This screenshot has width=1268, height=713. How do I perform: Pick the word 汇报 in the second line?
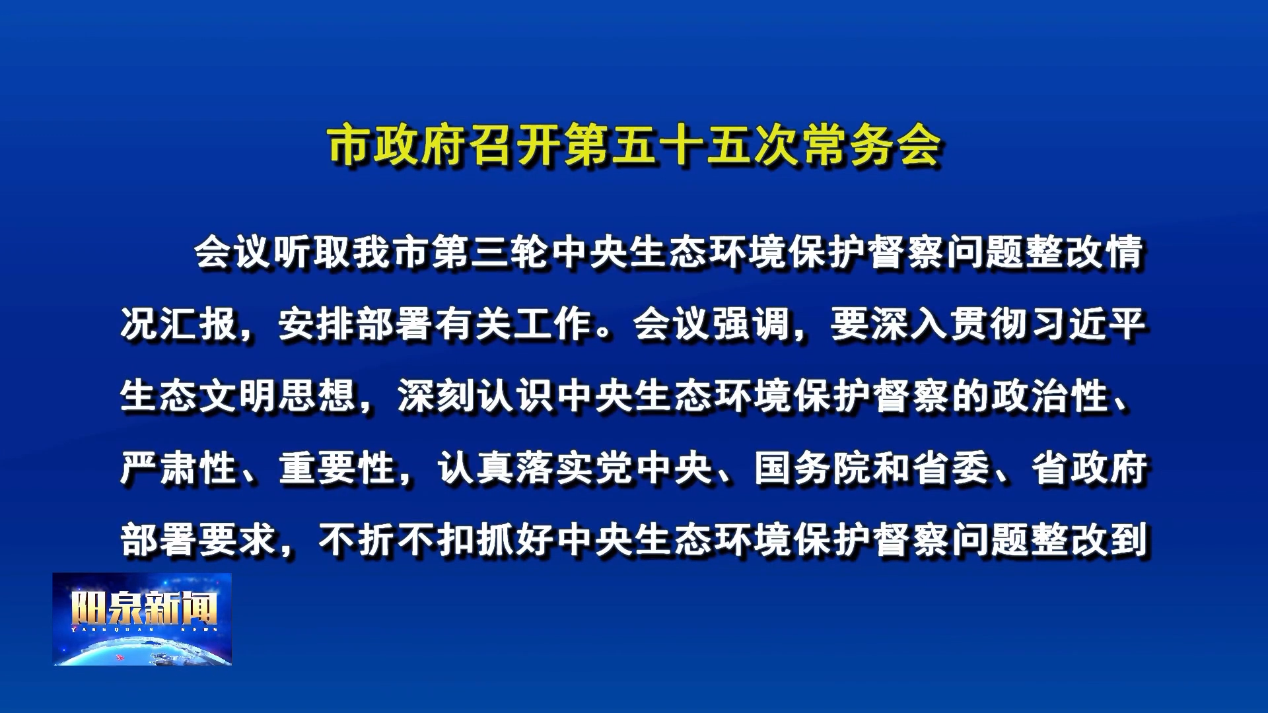[197, 324]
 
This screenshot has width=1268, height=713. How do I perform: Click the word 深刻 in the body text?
[436, 396]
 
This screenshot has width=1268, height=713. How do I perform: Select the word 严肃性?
[178, 468]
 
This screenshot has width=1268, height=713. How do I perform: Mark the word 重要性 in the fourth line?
[337, 468]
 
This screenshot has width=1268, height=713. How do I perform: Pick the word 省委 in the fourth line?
[951, 468]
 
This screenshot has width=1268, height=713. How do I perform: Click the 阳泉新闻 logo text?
[144, 608]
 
